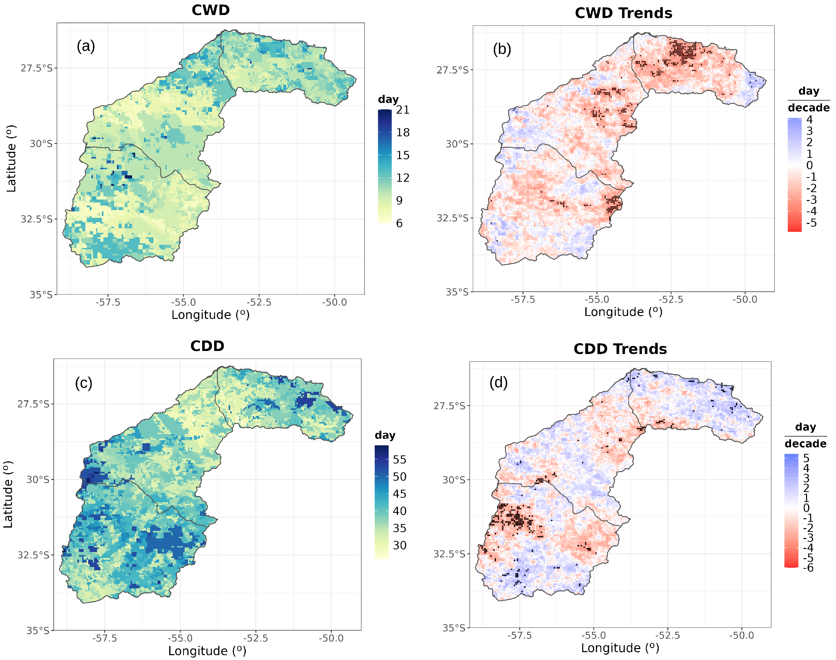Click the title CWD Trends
[x=623, y=13]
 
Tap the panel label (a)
[x=86, y=46]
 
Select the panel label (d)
[x=498, y=382]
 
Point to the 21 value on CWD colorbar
[x=403, y=110]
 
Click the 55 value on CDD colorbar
[x=400, y=459]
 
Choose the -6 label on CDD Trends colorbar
[x=808, y=568]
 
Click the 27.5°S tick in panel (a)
[x=36, y=68]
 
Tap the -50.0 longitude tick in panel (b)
[x=745, y=299]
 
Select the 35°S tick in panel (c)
[x=38, y=631]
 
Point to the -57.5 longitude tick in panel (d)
[x=519, y=635]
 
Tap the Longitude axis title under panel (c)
[x=207, y=651]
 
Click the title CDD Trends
[x=620, y=349]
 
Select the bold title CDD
[x=207, y=346]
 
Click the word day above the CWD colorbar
[x=388, y=99]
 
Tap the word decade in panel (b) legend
[x=809, y=108]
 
